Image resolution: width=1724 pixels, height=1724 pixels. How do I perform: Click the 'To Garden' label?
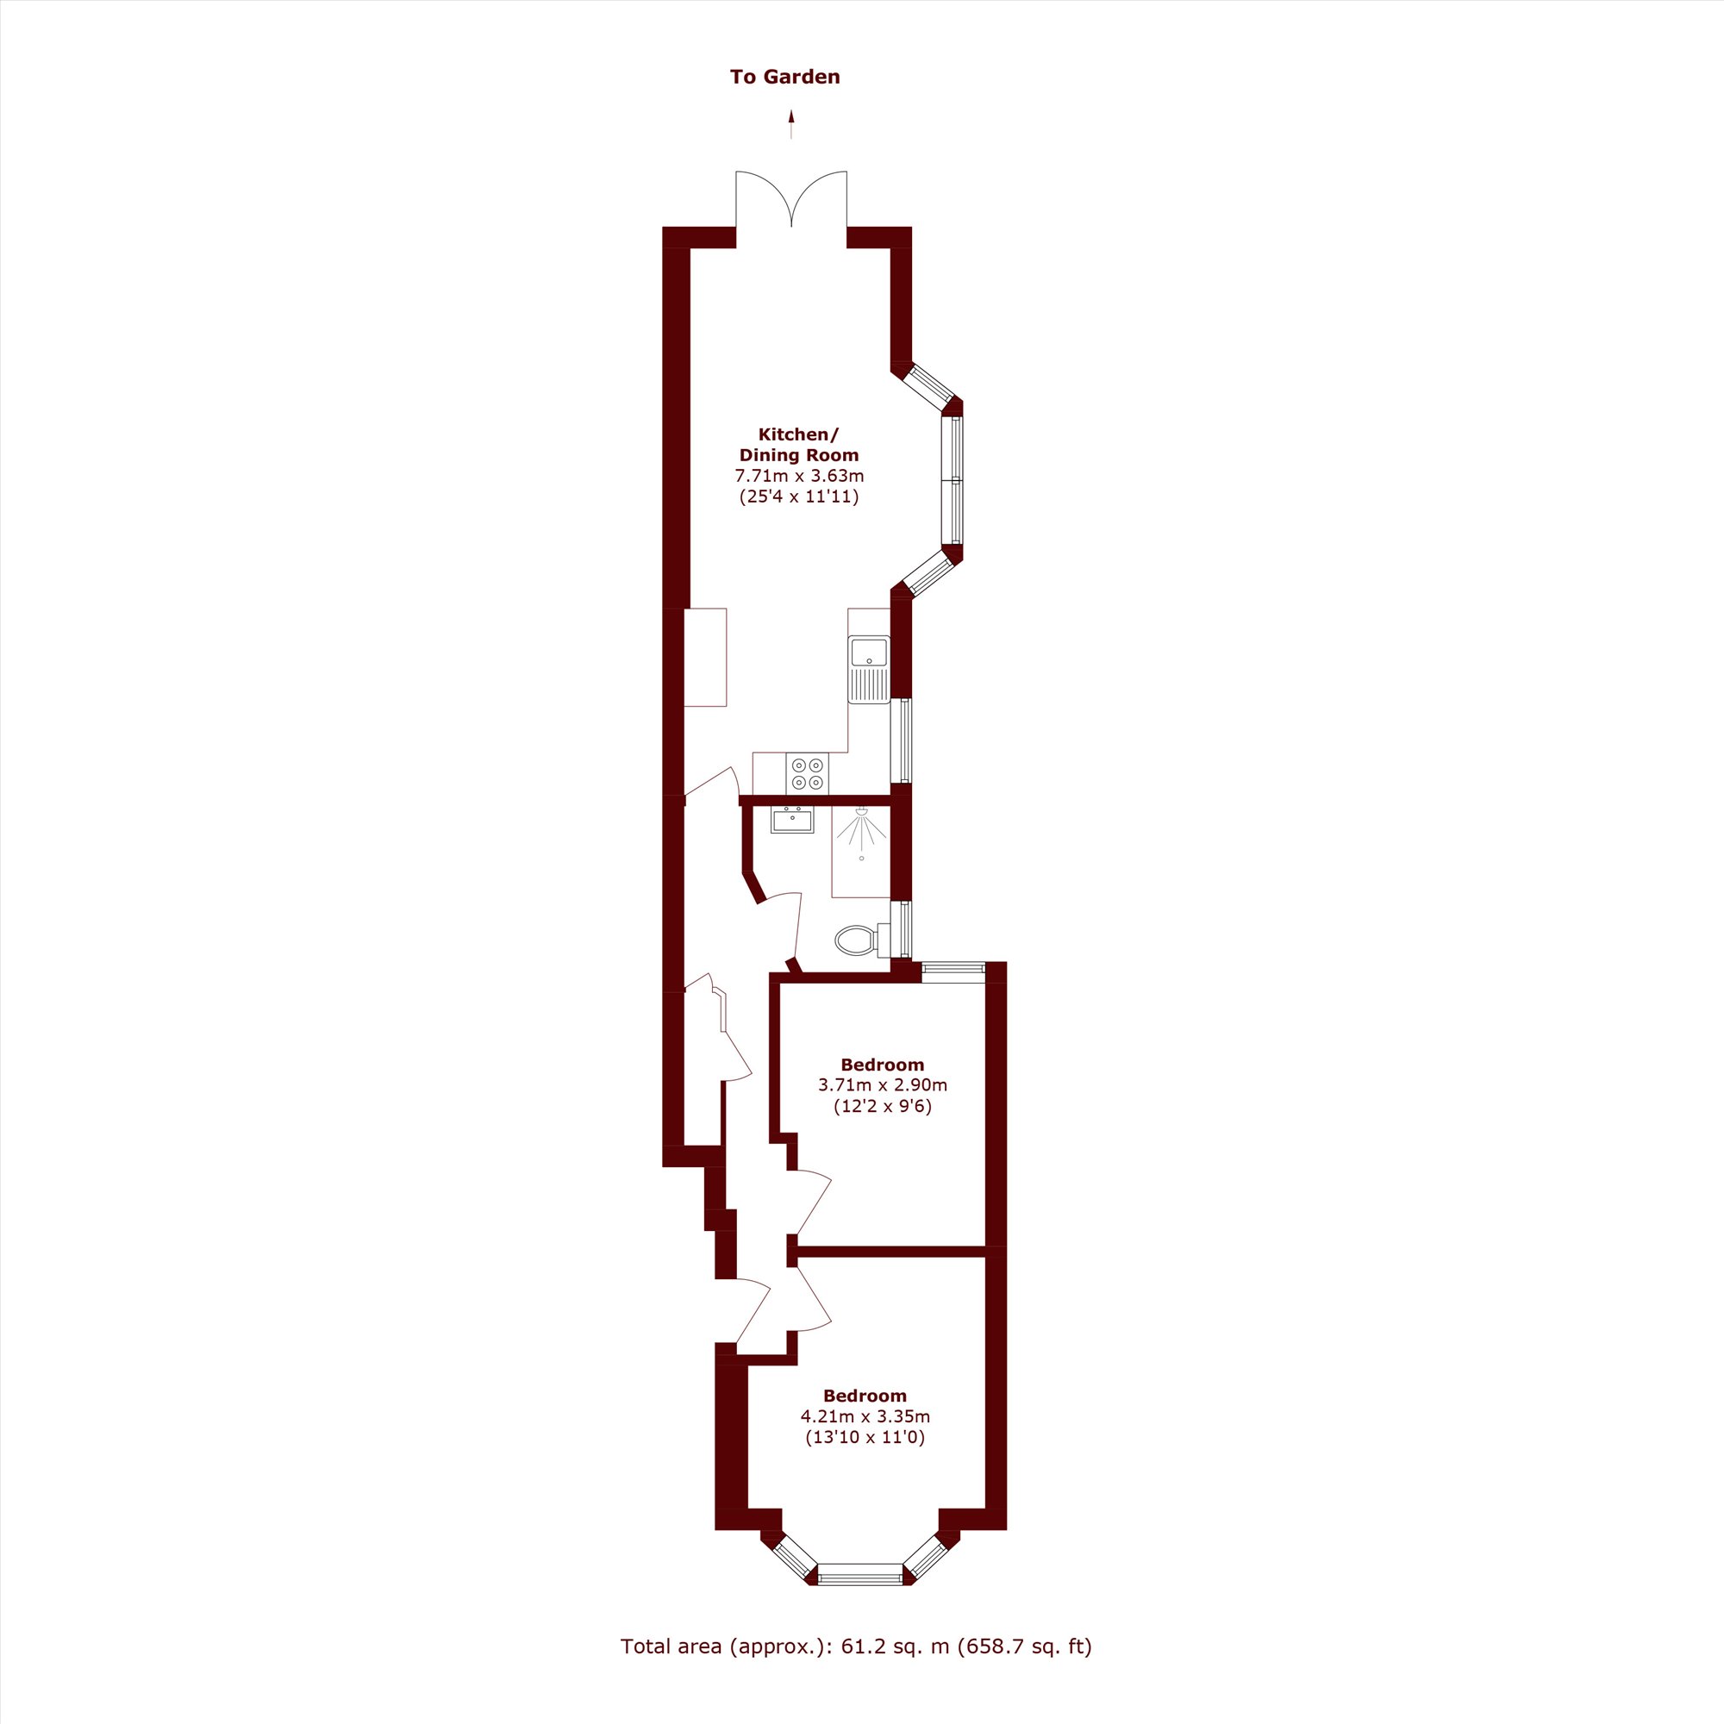pos(784,77)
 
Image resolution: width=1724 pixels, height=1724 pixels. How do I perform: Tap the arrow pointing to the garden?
pos(790,124)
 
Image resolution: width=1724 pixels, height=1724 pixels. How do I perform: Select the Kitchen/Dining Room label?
pos(799,445)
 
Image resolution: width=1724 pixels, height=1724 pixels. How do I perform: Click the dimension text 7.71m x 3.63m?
pos(799,476)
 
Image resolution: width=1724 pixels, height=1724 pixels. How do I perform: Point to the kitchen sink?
pos(869,669)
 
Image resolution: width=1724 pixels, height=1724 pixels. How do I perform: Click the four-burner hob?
pos(808,774)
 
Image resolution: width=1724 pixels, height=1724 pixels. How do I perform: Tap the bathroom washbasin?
pos(792,819)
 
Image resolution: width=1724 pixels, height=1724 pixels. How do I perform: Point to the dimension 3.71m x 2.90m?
pos(883,1085)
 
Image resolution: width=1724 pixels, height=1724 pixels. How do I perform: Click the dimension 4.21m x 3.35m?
pos(865,1416)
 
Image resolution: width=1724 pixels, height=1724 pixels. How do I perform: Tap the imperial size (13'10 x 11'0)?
pos(865,1438)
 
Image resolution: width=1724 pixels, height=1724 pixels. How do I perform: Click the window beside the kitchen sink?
pos(905,740)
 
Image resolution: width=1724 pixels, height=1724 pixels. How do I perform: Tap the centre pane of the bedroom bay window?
pos(860,1599)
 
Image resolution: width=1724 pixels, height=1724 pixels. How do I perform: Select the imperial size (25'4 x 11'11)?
pos(799,497)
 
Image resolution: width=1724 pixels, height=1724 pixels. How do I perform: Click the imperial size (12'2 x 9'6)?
pos(883,1107)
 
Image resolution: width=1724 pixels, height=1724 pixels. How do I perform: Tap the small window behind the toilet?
pos(905,929)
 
